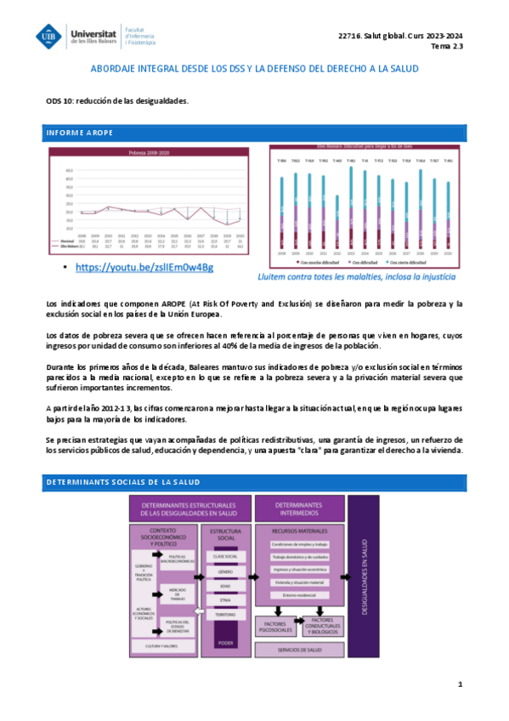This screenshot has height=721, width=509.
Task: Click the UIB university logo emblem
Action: click(49, 35)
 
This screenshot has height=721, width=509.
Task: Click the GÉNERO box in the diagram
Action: click(224, 572)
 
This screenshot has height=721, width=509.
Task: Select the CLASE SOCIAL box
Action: click(224, 555)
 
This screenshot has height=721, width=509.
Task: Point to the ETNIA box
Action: click(224, 600)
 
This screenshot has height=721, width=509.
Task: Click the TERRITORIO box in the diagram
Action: click(224, 614)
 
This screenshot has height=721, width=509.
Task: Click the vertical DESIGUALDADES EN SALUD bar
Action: click(365, 578)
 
